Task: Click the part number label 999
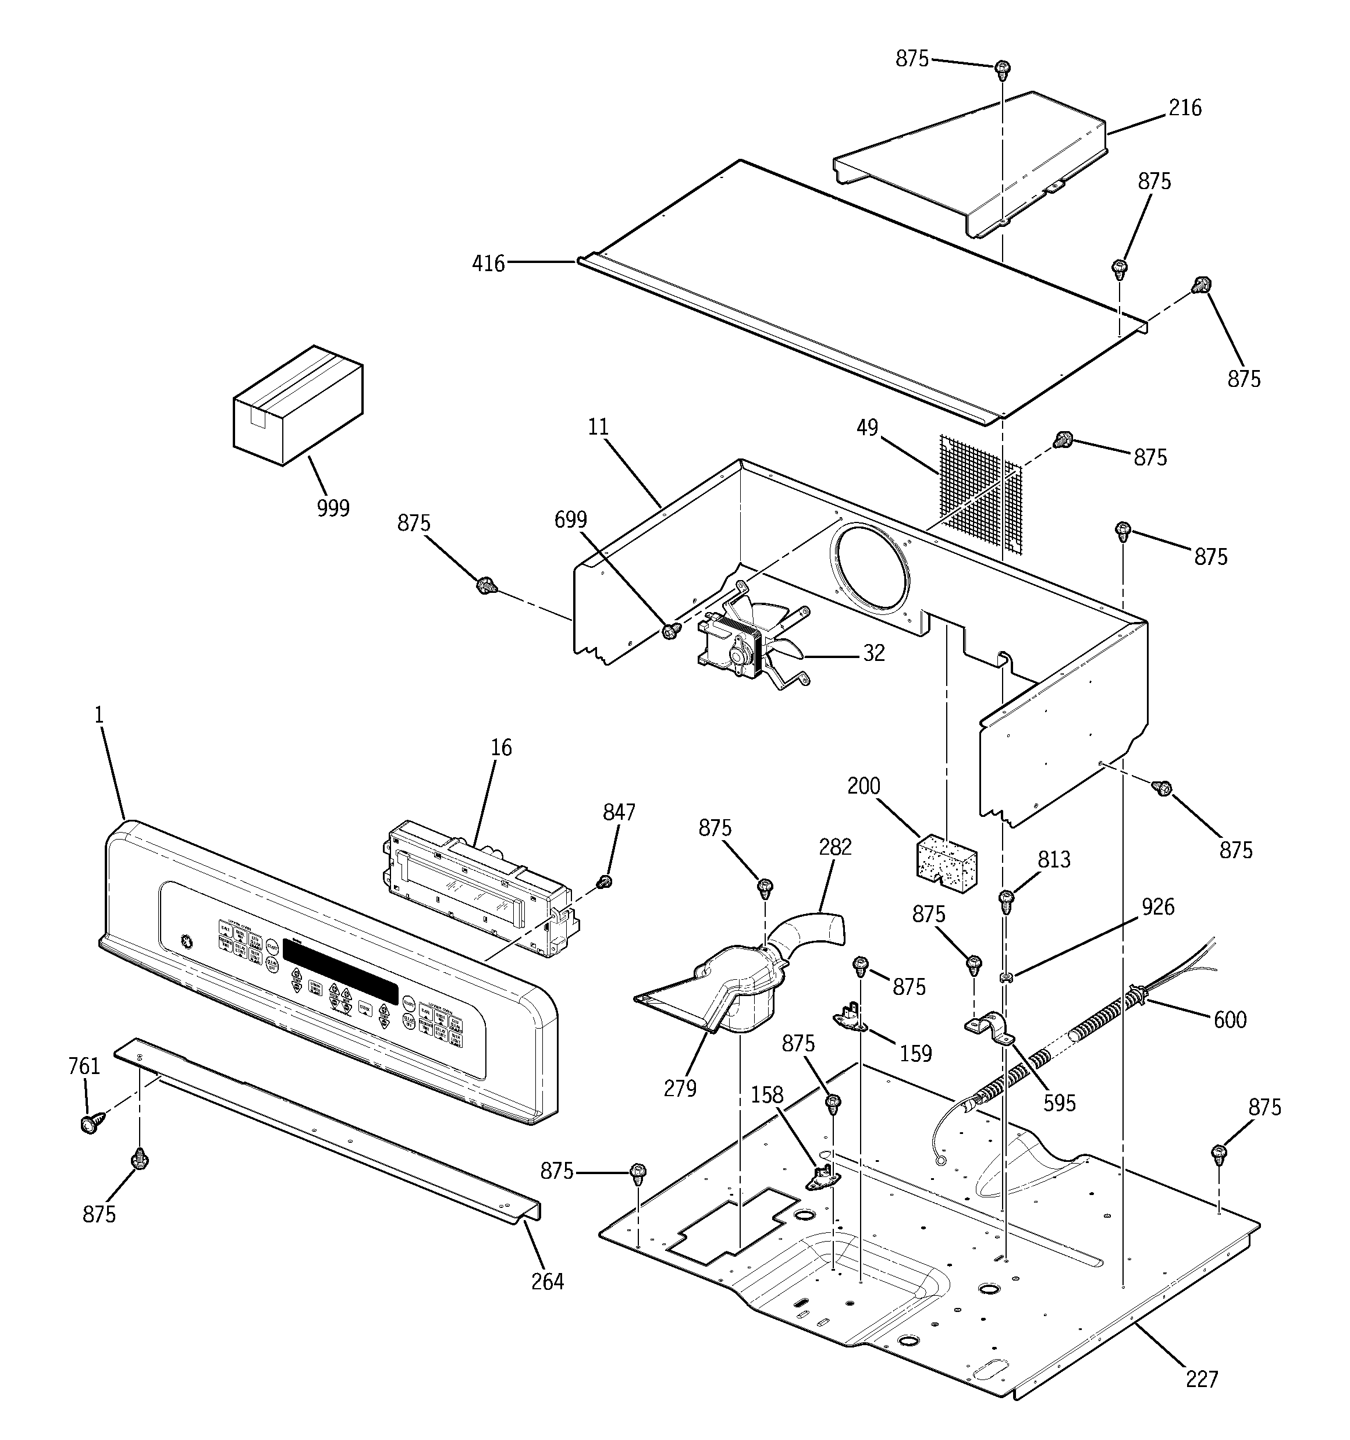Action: (x=333, y=508)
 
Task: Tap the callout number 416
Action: (x=488, y=264)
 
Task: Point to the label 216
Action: (x=1184, y=108)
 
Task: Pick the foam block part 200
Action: (x=946, y=862)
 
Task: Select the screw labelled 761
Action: (x=90, y=1123)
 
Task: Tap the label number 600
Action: (x=1230, y=1020)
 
